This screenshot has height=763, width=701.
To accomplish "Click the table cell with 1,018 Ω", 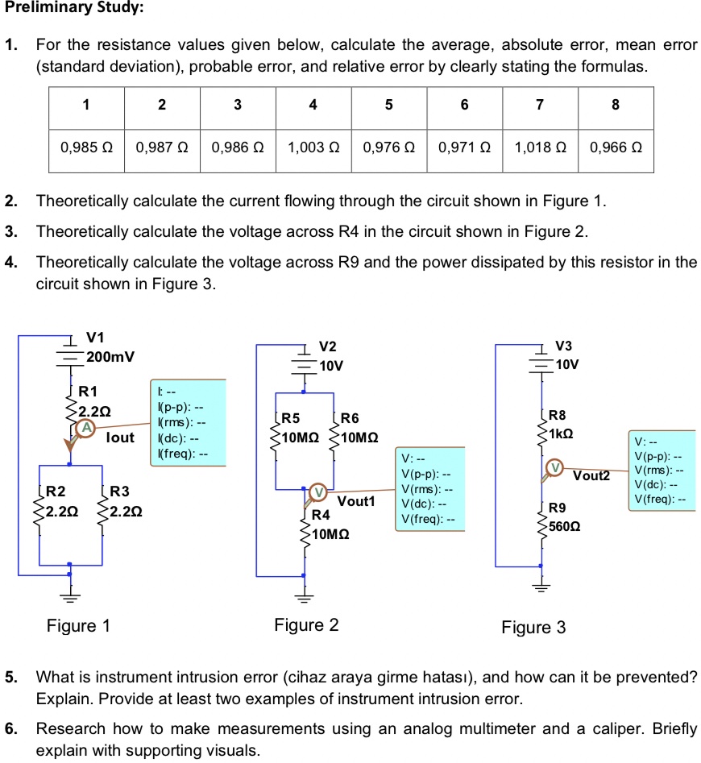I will (x=539, y=148).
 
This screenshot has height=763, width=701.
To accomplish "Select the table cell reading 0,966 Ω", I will (x=615, y=148).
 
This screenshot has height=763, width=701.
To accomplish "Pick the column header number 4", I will (x=313, y=105).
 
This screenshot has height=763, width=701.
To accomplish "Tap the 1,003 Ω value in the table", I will (x=313, y=148).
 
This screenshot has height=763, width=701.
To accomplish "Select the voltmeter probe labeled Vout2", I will (x=554, y=468).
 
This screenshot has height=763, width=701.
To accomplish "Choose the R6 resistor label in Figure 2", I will (x=351, y=419).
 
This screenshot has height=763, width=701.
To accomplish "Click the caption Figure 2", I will (x=306, y=624).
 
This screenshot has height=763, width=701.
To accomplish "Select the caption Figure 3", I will (x=533, y=627).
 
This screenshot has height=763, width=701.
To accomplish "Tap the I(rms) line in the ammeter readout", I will (x=181, y=423).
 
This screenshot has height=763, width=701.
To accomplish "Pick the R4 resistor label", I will (x=321, y=514).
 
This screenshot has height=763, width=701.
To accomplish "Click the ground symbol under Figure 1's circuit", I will (x=70, y=597).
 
